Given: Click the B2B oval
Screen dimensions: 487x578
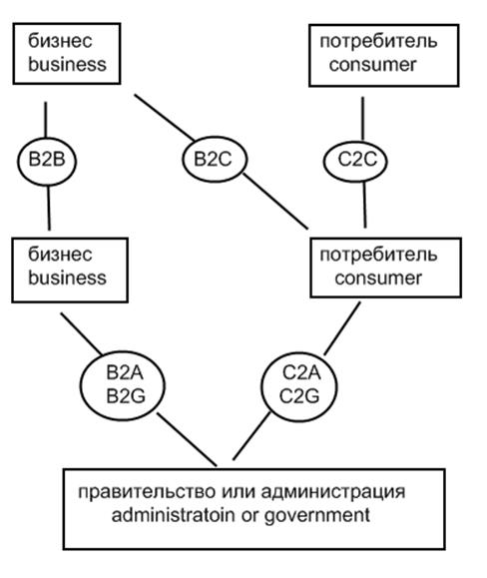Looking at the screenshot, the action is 47,161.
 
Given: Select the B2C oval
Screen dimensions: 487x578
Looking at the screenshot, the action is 215,160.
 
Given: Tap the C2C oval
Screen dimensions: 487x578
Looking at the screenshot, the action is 355,161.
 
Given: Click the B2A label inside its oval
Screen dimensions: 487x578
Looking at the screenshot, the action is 125,372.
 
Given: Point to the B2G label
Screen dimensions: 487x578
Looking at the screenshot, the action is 126,396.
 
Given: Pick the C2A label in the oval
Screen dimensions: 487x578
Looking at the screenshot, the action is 301,372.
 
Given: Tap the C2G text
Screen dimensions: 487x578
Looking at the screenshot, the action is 299,396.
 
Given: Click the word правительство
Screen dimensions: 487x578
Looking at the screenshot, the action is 147,492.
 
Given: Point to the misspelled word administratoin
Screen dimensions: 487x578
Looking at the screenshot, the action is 173,514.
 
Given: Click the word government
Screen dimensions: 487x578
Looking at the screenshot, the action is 317,516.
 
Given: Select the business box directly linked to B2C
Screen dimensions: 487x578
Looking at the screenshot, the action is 67,54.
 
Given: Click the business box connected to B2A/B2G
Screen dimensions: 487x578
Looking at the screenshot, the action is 70,271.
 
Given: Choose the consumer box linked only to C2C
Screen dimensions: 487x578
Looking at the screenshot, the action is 384,55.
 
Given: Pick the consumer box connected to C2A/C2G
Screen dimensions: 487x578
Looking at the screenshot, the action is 385,268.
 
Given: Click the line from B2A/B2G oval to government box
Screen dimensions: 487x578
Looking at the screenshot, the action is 187,439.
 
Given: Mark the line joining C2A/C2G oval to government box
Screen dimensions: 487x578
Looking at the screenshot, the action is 251,435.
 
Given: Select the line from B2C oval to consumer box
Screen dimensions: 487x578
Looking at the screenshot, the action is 275,202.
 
